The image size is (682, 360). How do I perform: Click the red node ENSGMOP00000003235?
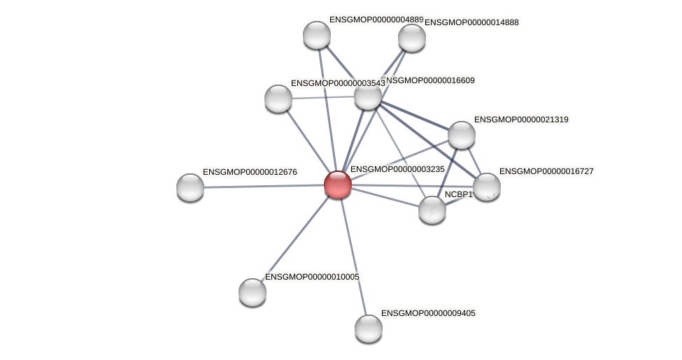(337, 185)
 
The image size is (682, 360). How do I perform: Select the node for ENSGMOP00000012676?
(190, 187)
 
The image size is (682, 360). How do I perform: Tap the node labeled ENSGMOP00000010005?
(253, 291)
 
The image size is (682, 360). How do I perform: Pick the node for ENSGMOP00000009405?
(369, 328)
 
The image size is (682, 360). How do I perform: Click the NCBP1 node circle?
(432, 209)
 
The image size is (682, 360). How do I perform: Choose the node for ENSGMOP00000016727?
(487, 187)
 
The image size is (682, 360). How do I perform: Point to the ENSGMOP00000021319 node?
(462, 135)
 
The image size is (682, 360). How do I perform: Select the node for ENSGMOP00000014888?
(412, 38)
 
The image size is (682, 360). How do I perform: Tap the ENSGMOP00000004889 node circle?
(317, 35)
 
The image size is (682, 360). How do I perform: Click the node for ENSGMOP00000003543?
(278, 99)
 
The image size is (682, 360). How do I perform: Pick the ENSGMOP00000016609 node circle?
(368, 96)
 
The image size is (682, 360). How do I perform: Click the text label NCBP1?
(459, 194)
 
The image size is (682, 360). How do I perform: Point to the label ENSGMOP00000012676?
(250, 172)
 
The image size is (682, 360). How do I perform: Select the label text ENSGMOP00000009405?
(428, 313)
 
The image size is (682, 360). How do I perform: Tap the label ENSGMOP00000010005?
(312, 277)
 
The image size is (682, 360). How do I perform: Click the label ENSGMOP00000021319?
(521, 120)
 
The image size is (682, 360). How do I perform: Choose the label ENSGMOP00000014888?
(472, 22)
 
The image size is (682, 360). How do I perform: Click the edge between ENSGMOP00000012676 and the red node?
(264, 186)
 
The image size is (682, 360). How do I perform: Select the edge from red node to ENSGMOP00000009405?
(353, 255)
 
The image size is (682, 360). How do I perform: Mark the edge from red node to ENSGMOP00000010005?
(295, 238)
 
